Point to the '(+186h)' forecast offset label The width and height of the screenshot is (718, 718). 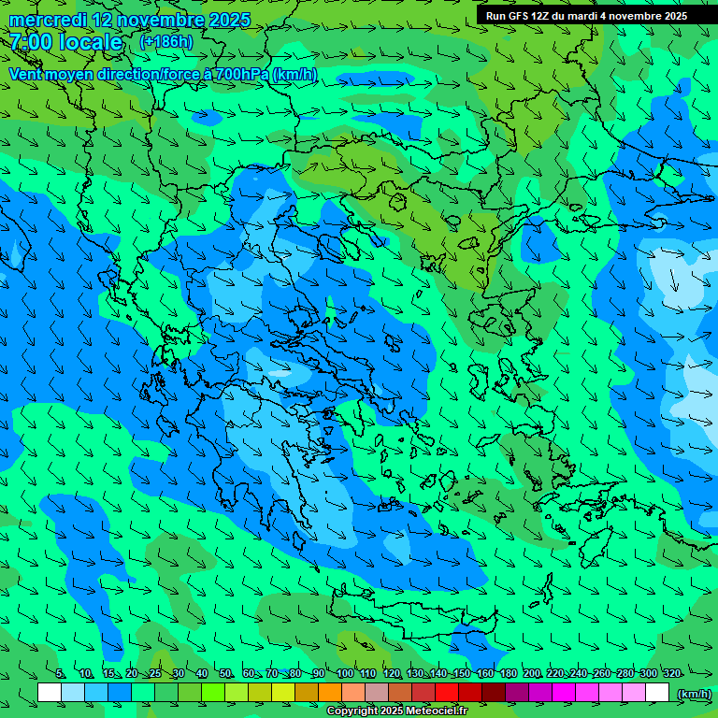[x=165, y=42]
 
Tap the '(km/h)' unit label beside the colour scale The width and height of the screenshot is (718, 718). [x=693, y=693]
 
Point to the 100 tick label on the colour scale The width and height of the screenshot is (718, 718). [x=344, y=674]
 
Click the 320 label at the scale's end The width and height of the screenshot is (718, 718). [x=672, y=674]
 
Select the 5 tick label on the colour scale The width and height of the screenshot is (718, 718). [x=60, y=674]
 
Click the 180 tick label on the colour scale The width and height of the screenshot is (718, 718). [x=508, y=674]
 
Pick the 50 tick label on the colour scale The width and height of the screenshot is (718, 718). [x=225, y=674]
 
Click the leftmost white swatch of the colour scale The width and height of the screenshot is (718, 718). [x=50, y=693]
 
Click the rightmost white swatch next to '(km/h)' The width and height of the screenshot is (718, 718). [x=657, y=693]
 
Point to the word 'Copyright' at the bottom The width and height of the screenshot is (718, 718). [x=352, y=711]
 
